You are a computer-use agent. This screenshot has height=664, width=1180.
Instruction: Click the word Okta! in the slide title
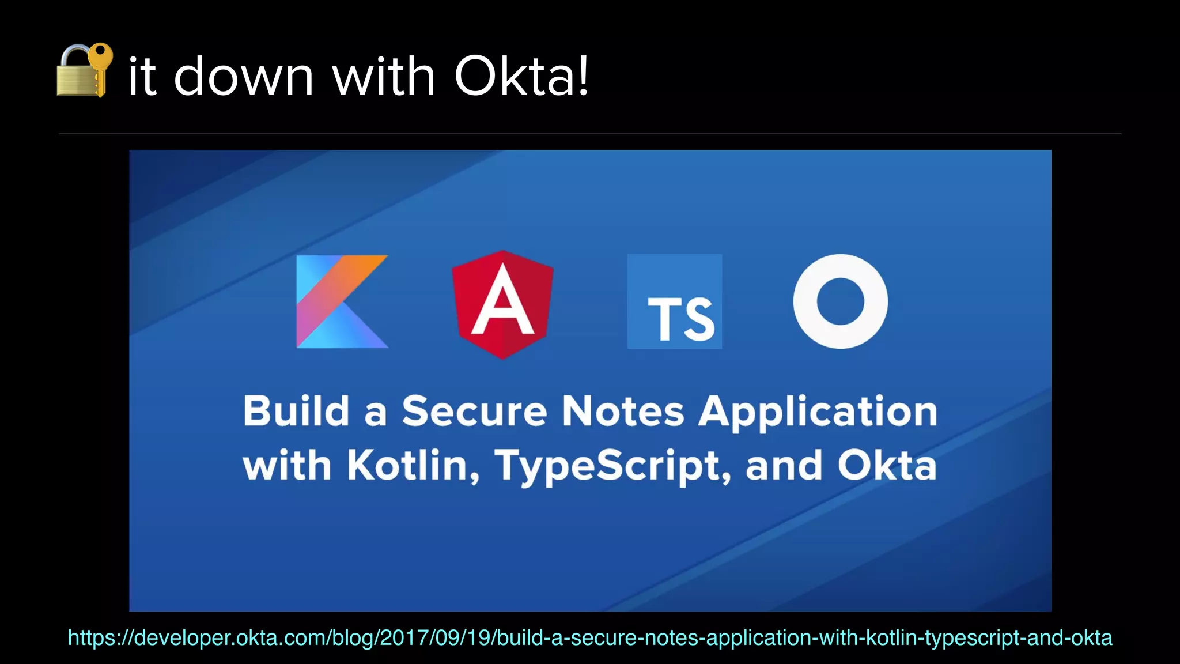point(522,76)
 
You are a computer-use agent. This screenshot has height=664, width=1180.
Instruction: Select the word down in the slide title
point(244,76)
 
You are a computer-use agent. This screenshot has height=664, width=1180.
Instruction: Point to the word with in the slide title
point(384,76)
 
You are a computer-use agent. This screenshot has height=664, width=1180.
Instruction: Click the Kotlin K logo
point(342,301)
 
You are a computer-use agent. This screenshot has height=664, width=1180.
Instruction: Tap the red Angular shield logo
point(502,304)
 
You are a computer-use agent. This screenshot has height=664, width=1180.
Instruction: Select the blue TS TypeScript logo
point(674,301)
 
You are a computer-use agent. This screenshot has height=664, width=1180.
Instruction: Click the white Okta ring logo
point(840,301)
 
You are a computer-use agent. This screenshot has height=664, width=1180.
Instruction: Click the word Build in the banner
point(296,412)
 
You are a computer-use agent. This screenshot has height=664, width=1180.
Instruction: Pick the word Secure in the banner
point(474,412)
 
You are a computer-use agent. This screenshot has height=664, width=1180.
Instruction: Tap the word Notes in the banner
point(623,412)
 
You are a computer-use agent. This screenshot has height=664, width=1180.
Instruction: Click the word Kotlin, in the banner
point(413,466)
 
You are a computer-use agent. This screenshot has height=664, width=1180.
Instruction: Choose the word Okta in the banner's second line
point(887,466)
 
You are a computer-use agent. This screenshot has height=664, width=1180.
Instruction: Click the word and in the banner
point(784,466)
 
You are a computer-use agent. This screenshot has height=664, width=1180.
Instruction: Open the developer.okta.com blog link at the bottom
point(590,637)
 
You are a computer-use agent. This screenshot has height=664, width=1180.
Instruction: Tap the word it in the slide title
point(142,76)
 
